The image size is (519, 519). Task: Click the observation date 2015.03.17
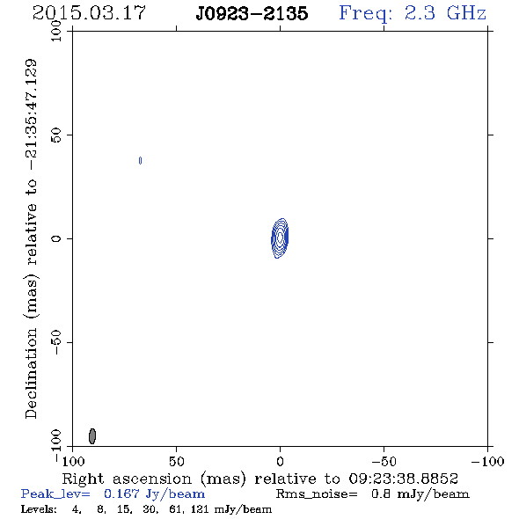pyautogui.click(x=89, y=13)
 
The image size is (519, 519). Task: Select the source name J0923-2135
pyautogui.click(x=252, y=14)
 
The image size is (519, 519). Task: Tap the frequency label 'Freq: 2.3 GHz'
pyautogui.click(x=413, y=13)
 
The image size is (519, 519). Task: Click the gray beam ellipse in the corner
pyautogui.click(x=92, y=436)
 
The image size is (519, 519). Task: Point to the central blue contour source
pyautogui.click(x=280, y=238)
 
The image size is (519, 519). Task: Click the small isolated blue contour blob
pyautogui.click(x=141, y=160)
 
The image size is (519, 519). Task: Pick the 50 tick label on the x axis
pyautogui.click(x=176, y=462)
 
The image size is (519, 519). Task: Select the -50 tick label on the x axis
pyautogui.click(x=384, y=462)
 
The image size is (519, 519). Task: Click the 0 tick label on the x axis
pyautogui.click(x=280, y=462)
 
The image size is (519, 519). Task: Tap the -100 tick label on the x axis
pyautogui.click(x=487, y=462)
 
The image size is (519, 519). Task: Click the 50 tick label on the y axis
pyautogui.click(x=56, y=135)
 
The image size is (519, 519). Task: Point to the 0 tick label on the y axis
pyautogui.click(x=56, y=238)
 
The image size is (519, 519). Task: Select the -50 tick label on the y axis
pyautogui.click(x=56, y=342)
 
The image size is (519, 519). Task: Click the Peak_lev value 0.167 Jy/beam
pyautogui.click(x=154, y=494)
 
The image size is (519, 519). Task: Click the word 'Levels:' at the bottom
pyautogui.click(x=39, y=509)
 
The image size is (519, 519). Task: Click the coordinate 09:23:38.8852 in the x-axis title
pyautogui.click(x=404, y=479)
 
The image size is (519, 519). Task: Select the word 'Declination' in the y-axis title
pyautogui.click(x=31, y=373)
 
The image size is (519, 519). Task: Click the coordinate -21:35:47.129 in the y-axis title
pyautogui.click(x=31, y=114)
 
